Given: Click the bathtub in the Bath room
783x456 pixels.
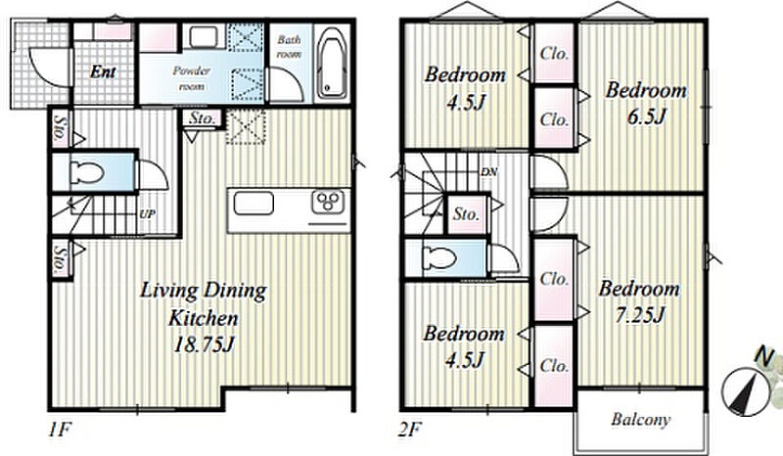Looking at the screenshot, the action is [332, 63].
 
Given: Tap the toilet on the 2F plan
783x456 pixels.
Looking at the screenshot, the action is [438, 258].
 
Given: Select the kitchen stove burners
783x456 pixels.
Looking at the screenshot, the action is [329, 202].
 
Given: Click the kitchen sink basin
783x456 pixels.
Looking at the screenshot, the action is [253, 204].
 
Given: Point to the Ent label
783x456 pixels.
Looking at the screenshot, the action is [103, 71].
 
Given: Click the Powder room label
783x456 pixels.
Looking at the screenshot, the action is [191, 78].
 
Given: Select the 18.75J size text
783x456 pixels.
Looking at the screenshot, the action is [204, 344].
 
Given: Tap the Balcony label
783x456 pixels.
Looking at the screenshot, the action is [641, 420].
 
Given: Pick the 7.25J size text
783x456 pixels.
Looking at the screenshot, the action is [639, 316].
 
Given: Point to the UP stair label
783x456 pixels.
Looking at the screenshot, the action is [148, 214].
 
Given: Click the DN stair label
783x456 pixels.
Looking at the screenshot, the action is [488, 172].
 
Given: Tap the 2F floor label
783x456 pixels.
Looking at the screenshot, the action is [410, 430].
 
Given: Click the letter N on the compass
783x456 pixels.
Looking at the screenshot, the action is [764, 355].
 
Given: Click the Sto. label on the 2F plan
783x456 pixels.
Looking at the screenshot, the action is [467, 214].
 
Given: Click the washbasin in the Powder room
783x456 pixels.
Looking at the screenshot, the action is [204, 36].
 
